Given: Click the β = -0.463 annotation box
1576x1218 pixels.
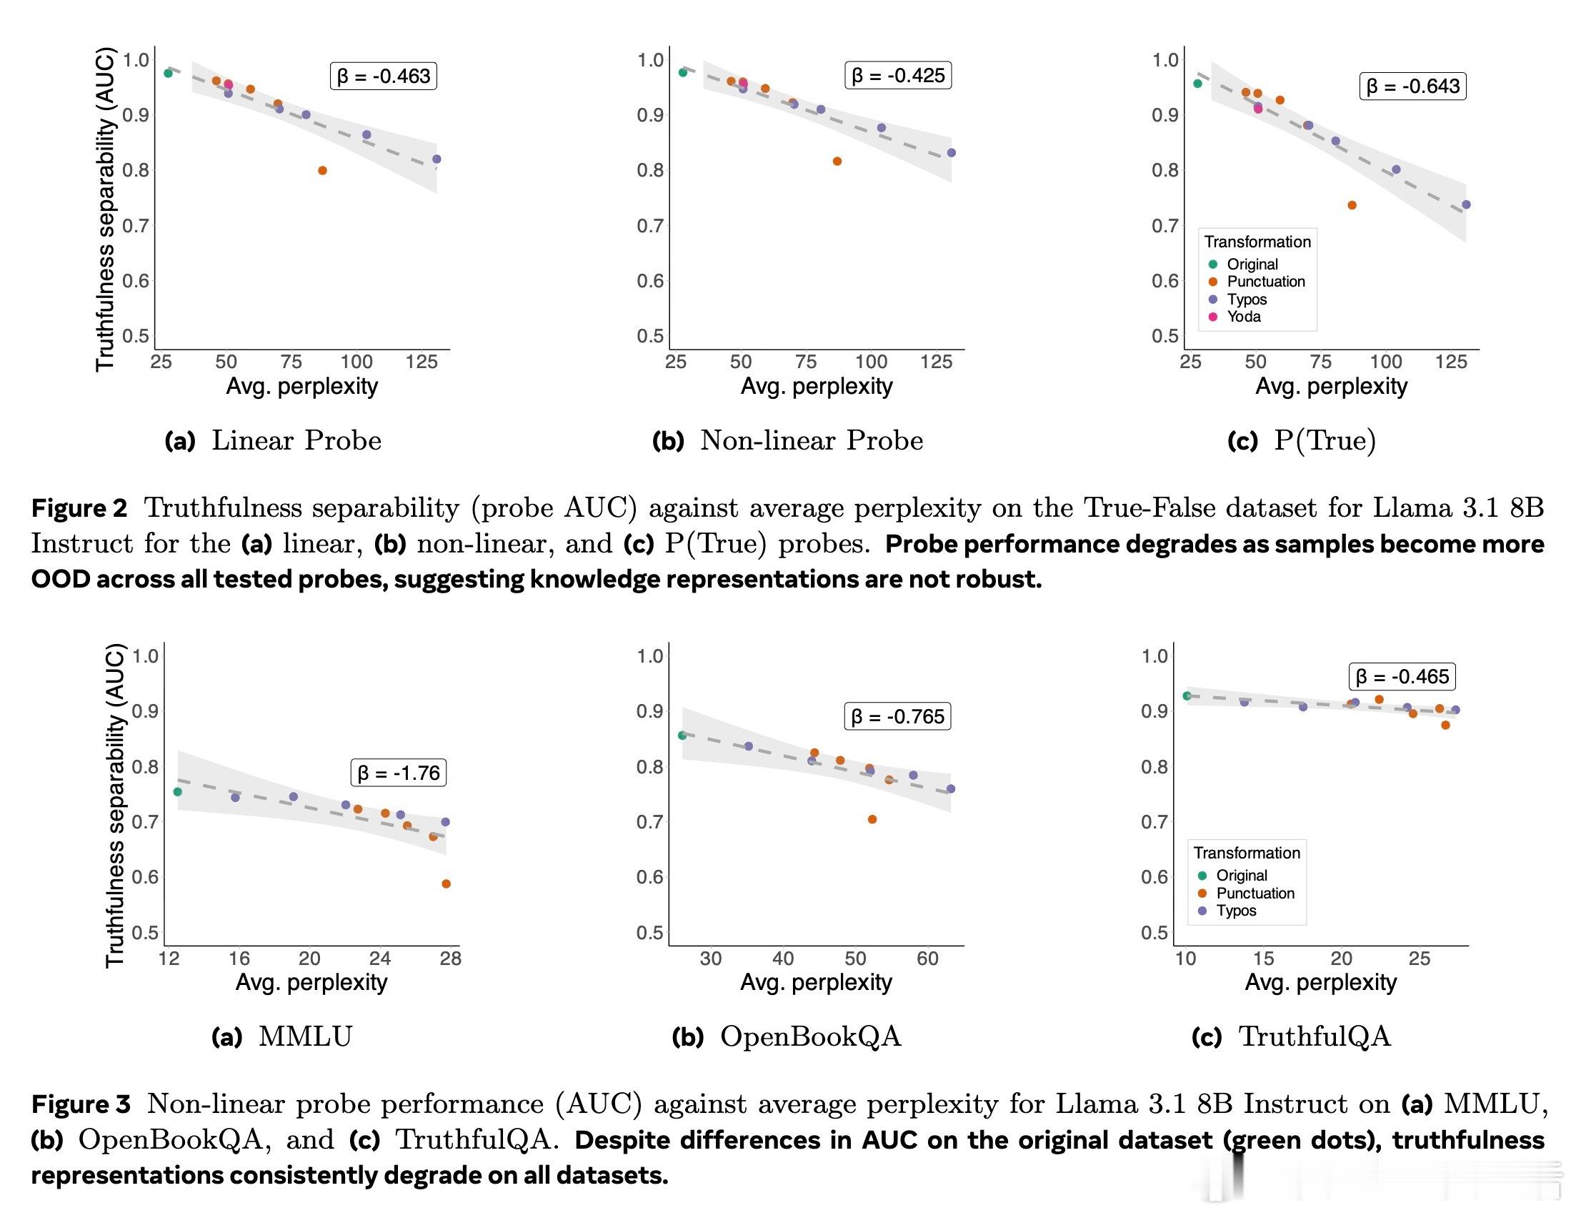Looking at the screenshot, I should pyautogui.click(x=384, y=76).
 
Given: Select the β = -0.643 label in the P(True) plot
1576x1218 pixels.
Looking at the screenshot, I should pyautogui.click(x=1413, y=86).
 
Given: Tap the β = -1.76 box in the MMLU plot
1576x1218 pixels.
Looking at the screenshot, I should pyautogui.click(x=399, y=773).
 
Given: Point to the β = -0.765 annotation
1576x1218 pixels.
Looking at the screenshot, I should pyautogui.click(x=898, y=716).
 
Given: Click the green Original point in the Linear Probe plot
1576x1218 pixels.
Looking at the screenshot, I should pyautogui.click(x=168, y=73).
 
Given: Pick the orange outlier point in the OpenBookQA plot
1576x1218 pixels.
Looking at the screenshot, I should pyautogui.click(x=872, y=818).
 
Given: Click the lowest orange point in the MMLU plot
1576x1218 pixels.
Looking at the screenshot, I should pyautogui.click(x=446, y=883).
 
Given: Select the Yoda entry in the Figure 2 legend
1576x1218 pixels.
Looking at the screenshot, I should pyautogui.click(x=1243, y=316).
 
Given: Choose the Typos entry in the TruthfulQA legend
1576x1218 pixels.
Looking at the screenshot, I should pyautogui.click(x=1235, y=911).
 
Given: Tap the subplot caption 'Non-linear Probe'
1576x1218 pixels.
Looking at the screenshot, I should pyautogui.click(x=811, y=440).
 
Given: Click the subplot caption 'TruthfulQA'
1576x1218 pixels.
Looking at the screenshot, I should pyautogui.click(x=1314, y=1036).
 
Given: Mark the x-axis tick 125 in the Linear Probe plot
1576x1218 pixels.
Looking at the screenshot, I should pyautogui.click(x=422, y=362).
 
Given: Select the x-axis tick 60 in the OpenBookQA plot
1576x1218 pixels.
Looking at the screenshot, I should pyautogui.click(x=927, y=958).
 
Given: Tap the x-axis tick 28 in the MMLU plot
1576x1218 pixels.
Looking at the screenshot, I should pyautogui.click(x=450, y=958).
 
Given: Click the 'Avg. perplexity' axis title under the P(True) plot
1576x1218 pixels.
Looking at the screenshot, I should pyautogui.click(x=1331, y=386).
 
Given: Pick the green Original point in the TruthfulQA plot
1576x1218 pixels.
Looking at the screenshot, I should pyautogui.click(x=1187, y=696).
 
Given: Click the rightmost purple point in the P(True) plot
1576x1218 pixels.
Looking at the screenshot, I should pyautogui.click(x=1465, y=205).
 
